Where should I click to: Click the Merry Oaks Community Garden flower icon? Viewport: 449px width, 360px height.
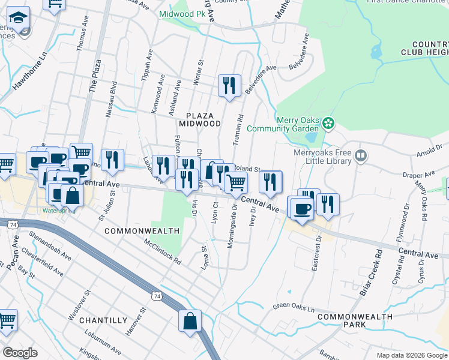[328, 124]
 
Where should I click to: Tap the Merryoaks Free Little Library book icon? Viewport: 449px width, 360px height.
[360, 157]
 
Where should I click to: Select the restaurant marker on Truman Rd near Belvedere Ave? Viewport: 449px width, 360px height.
[229, 86]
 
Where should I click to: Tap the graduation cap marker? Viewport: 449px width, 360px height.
[19, 18]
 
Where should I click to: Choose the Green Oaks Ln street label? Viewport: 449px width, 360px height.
[294, 307]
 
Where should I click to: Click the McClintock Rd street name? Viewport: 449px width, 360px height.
[162, 252]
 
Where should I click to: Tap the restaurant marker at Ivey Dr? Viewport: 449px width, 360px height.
[270, 181]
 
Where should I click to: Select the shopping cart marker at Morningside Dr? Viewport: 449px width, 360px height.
[236, 181]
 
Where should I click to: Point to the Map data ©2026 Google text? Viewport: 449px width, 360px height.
[411, 355]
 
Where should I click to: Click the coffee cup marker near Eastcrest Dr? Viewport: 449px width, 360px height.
[301, 208]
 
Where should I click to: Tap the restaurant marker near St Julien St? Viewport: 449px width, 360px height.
[112, 160]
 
